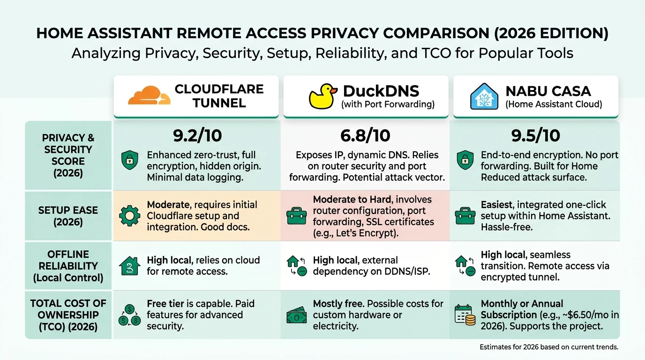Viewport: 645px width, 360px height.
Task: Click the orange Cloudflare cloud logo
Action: [x=150, y=95]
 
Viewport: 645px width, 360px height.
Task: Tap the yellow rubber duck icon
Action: [x=323, y=97]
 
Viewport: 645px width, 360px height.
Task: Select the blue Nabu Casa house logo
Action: [x=484, y=96]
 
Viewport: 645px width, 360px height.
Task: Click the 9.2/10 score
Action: [x=197, y=135]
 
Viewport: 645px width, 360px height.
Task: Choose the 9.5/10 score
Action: [x=536, y=135]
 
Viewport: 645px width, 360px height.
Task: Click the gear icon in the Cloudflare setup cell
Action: [x=129, y=216]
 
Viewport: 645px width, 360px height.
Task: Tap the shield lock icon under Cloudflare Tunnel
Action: [x=129, y=160]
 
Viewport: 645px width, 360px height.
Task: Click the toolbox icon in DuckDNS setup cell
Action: [x=296, y=216]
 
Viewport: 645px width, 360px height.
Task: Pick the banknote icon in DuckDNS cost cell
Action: [x=296, y=315]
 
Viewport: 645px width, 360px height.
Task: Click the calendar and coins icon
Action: [x=465, y=315]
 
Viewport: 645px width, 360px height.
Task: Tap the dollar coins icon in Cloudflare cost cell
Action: [x=129, y=315]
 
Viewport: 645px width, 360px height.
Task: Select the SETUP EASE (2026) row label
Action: [x=68, y=216]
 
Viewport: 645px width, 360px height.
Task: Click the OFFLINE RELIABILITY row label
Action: [x=68, y=266]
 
